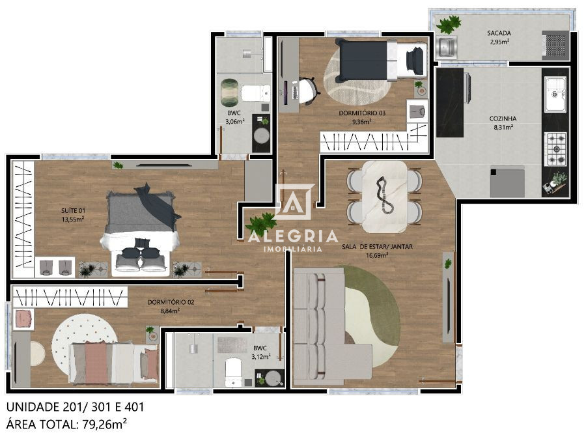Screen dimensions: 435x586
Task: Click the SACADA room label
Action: click(498, 33)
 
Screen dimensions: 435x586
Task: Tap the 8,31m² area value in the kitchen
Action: click(503, 128)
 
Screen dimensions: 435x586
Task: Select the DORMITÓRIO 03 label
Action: click(362, 113)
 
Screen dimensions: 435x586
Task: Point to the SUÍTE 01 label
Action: click(72, 210)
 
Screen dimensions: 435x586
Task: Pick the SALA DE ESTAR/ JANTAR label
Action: click(377, 247)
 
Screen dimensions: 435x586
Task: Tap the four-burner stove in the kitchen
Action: click(555, 148)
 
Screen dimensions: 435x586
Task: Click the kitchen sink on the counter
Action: click(555, 94)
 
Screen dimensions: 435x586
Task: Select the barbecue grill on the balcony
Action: click(555, 46)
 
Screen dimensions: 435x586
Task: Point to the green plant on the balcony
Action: click(448, 25)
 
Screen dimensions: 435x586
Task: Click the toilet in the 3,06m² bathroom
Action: click(255, 93)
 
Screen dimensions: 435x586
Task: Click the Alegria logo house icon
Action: click(293, 202)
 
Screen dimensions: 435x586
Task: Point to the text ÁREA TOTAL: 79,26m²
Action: click(66, 424)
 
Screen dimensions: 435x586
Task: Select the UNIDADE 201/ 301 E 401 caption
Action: click(75, 407)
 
